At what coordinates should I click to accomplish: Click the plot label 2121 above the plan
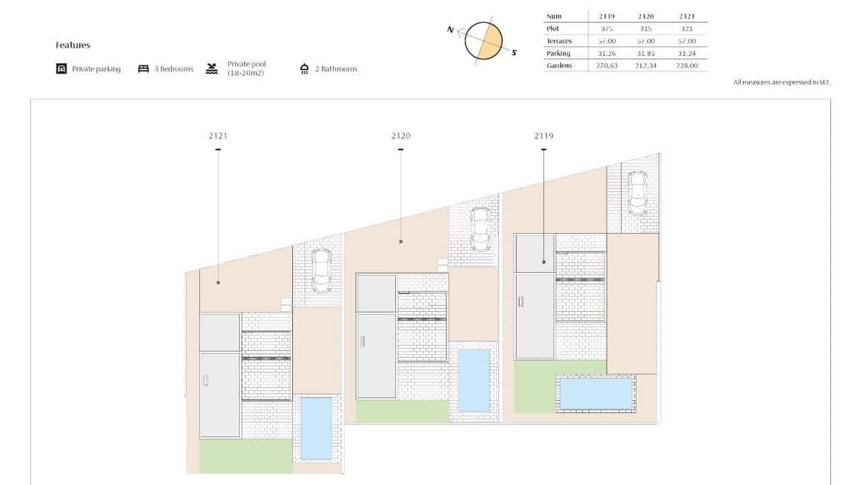pos(218,135)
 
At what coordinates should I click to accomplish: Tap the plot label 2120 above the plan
pos(401,135)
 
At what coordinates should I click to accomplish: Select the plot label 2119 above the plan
pos(544,135)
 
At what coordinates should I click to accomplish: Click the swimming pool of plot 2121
pos(316,428)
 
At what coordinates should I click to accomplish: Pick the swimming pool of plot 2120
pos(473,380)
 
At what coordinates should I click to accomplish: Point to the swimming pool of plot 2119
pos(596,393)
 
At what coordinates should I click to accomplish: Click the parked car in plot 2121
pos(321,270)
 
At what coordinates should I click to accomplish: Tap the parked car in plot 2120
pos(479,228)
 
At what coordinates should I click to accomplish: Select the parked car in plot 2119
pos(637,192)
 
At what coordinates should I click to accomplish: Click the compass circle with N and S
pos(484,41)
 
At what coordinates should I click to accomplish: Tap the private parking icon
pos(61,69)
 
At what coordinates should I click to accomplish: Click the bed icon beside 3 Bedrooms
pos(143,69)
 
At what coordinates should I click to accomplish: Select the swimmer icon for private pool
pos(212,69)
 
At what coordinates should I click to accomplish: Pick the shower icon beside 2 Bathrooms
pos(304,69)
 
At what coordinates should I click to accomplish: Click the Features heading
pos(73,45)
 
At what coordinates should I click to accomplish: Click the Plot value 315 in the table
pos(645,28)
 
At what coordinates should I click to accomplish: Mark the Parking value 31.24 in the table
pos(687,53)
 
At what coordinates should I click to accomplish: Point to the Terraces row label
pos(559,41)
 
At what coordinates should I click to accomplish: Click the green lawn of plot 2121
pos(246,456)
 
